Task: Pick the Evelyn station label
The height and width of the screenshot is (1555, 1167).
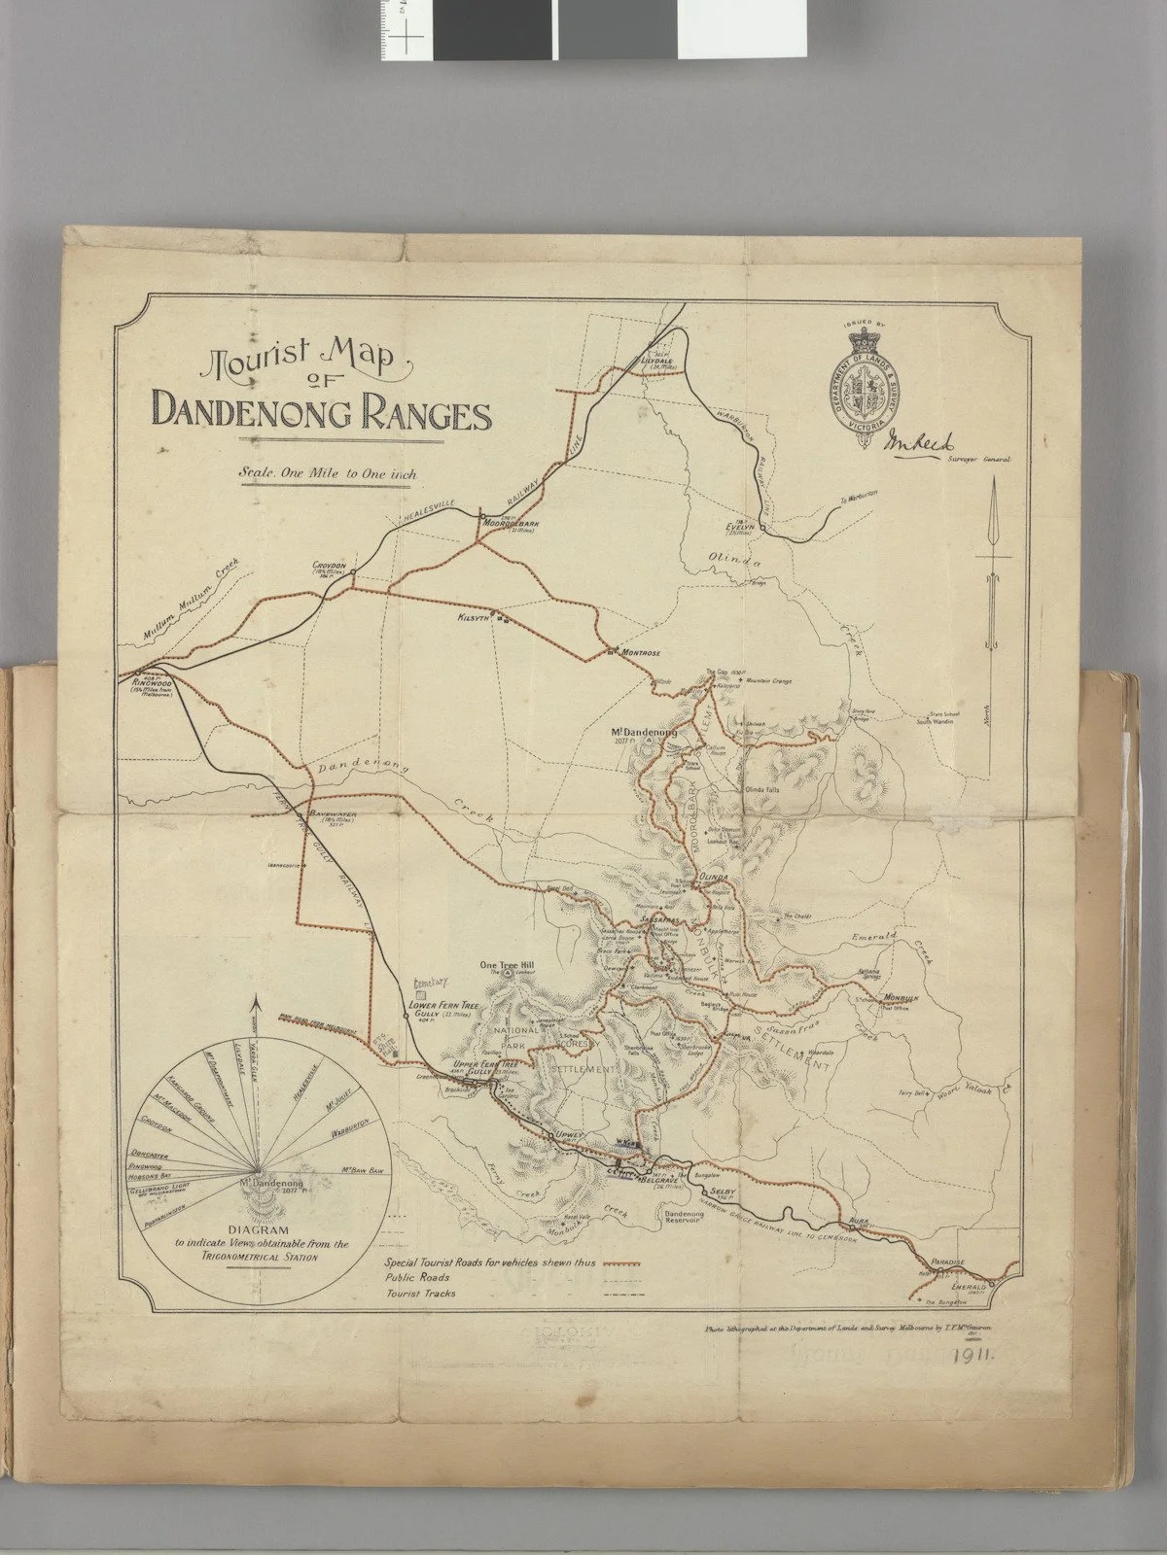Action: (x=741, y=526)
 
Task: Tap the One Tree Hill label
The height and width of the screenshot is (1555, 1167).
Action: (x=508, y=964)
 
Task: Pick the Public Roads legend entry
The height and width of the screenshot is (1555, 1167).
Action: (x=418, y=1277)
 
